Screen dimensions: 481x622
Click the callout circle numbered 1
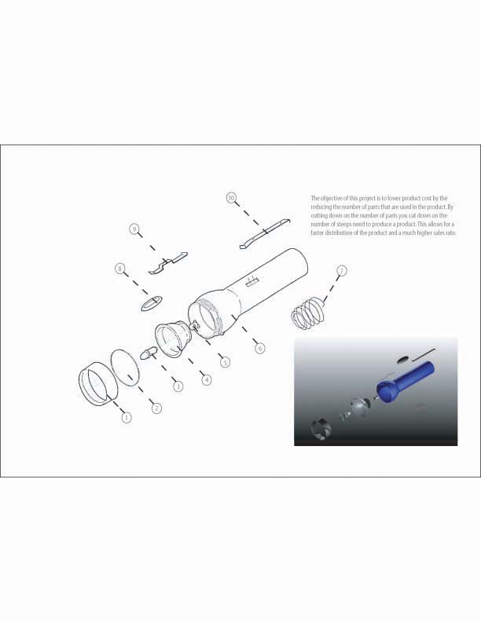[x=127, y=417]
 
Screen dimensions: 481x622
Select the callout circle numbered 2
[x=156, y=408]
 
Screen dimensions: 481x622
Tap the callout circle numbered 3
[x=178, y=386]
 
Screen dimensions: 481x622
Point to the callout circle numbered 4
[x=207, y=379]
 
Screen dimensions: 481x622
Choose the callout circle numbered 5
[x=225, y=362]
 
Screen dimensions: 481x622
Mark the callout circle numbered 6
[x=260, y=348]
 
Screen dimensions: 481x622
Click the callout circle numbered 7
[x=341, y=270]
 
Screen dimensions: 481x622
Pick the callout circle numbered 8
[x=119, y=269]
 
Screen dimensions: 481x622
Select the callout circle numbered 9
[x=134, y=229]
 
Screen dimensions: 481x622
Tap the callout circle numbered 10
[x=231, y=198]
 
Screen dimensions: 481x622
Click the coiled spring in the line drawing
[x=307, y=313]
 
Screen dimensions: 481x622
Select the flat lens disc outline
[x=126, y=368]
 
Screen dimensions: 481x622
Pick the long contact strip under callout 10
[x=265, y=233]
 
